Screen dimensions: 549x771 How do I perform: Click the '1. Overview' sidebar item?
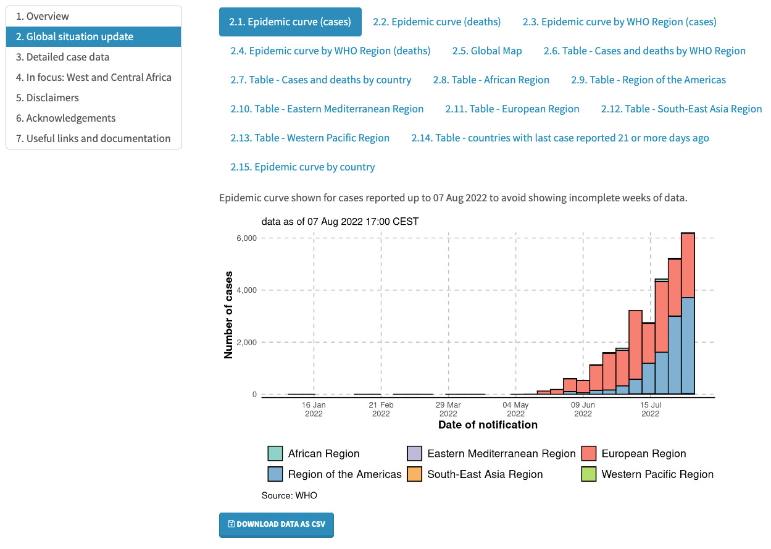(43, 16)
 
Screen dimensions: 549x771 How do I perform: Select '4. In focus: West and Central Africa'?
(94, 77)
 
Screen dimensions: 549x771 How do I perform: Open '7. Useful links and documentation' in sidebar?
(93, 138)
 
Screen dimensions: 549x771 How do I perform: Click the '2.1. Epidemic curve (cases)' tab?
(290, 22)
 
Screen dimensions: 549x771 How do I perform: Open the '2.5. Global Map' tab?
(486, 51)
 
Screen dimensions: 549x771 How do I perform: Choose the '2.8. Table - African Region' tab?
(491, 80)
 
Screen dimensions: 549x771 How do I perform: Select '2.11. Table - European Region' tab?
(512, 109)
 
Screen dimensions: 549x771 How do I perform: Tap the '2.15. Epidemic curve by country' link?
(302, 167)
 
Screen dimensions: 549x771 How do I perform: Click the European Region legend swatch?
(588, 454)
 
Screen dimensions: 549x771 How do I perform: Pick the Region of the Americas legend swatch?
(275, 474)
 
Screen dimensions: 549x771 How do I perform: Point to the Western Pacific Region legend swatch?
(588, 474)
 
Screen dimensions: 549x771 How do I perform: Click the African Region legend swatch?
(275, 454)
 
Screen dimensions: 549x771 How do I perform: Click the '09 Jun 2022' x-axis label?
(583, 409)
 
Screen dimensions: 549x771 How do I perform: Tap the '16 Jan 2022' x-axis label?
(314, 409)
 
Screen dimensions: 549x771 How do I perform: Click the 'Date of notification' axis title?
(488, 425)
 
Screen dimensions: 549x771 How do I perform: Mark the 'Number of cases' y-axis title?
(229, 314)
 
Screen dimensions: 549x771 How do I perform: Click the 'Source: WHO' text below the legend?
(290, 495)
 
